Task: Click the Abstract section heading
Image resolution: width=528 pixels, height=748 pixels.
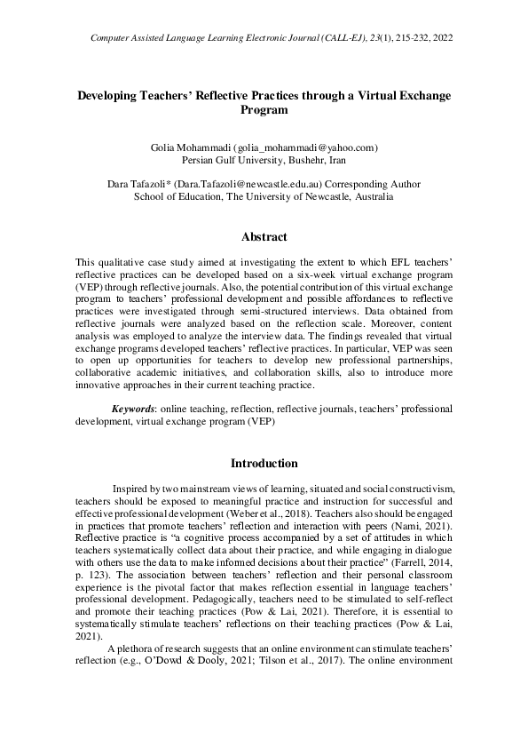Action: tap(264, 237)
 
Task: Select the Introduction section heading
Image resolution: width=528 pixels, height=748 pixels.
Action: tap(264, 463)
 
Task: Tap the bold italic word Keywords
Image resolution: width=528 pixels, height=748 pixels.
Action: tap(131, 409)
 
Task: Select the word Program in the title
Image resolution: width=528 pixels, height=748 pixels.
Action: tap(264, 110)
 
